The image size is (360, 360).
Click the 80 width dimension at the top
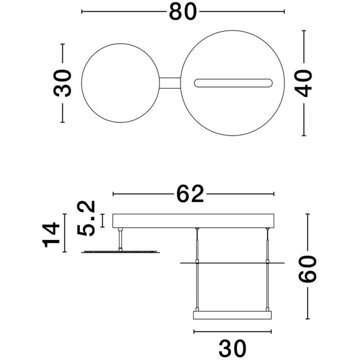pyautogui.click(x=183, y=12)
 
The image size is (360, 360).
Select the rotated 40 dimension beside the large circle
pyautogui.click(x=306, y=82)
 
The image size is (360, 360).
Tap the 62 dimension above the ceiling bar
pyautogui.click(x=191, y=194)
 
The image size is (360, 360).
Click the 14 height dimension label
pyautogui.click(x=52, y=234)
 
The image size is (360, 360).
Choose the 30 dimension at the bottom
pyautogui.click(x=232, y=347)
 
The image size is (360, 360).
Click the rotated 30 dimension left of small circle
pyautogui.click(x=62, y=82)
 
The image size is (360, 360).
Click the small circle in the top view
pyautogui.click(x=121, y=82)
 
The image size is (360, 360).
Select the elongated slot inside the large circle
pyautogui.click(x=235, y=82)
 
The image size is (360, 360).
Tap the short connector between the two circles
pyautogui.click(x=170, y=82)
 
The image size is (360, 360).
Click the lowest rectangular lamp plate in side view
pyautogui.click(x=232, y=315)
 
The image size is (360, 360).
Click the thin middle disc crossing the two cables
pyautogui.click(x=232, y=263)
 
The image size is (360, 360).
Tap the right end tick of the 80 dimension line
pyautogui.click(x=284, y=11)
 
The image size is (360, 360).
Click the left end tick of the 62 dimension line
pyautogui.click(x=113, y=194)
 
